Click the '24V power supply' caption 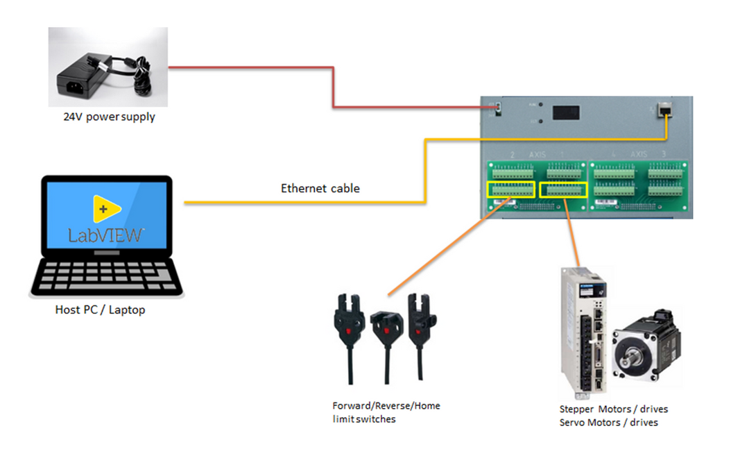110,117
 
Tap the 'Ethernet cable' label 320,188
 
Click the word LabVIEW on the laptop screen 106,235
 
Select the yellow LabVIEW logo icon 107,208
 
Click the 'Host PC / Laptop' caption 100,310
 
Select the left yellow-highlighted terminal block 511,189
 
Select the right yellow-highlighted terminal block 564,189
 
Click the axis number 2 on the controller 512,154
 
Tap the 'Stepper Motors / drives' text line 613,409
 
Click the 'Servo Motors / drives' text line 608,422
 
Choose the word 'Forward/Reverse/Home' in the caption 386,406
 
